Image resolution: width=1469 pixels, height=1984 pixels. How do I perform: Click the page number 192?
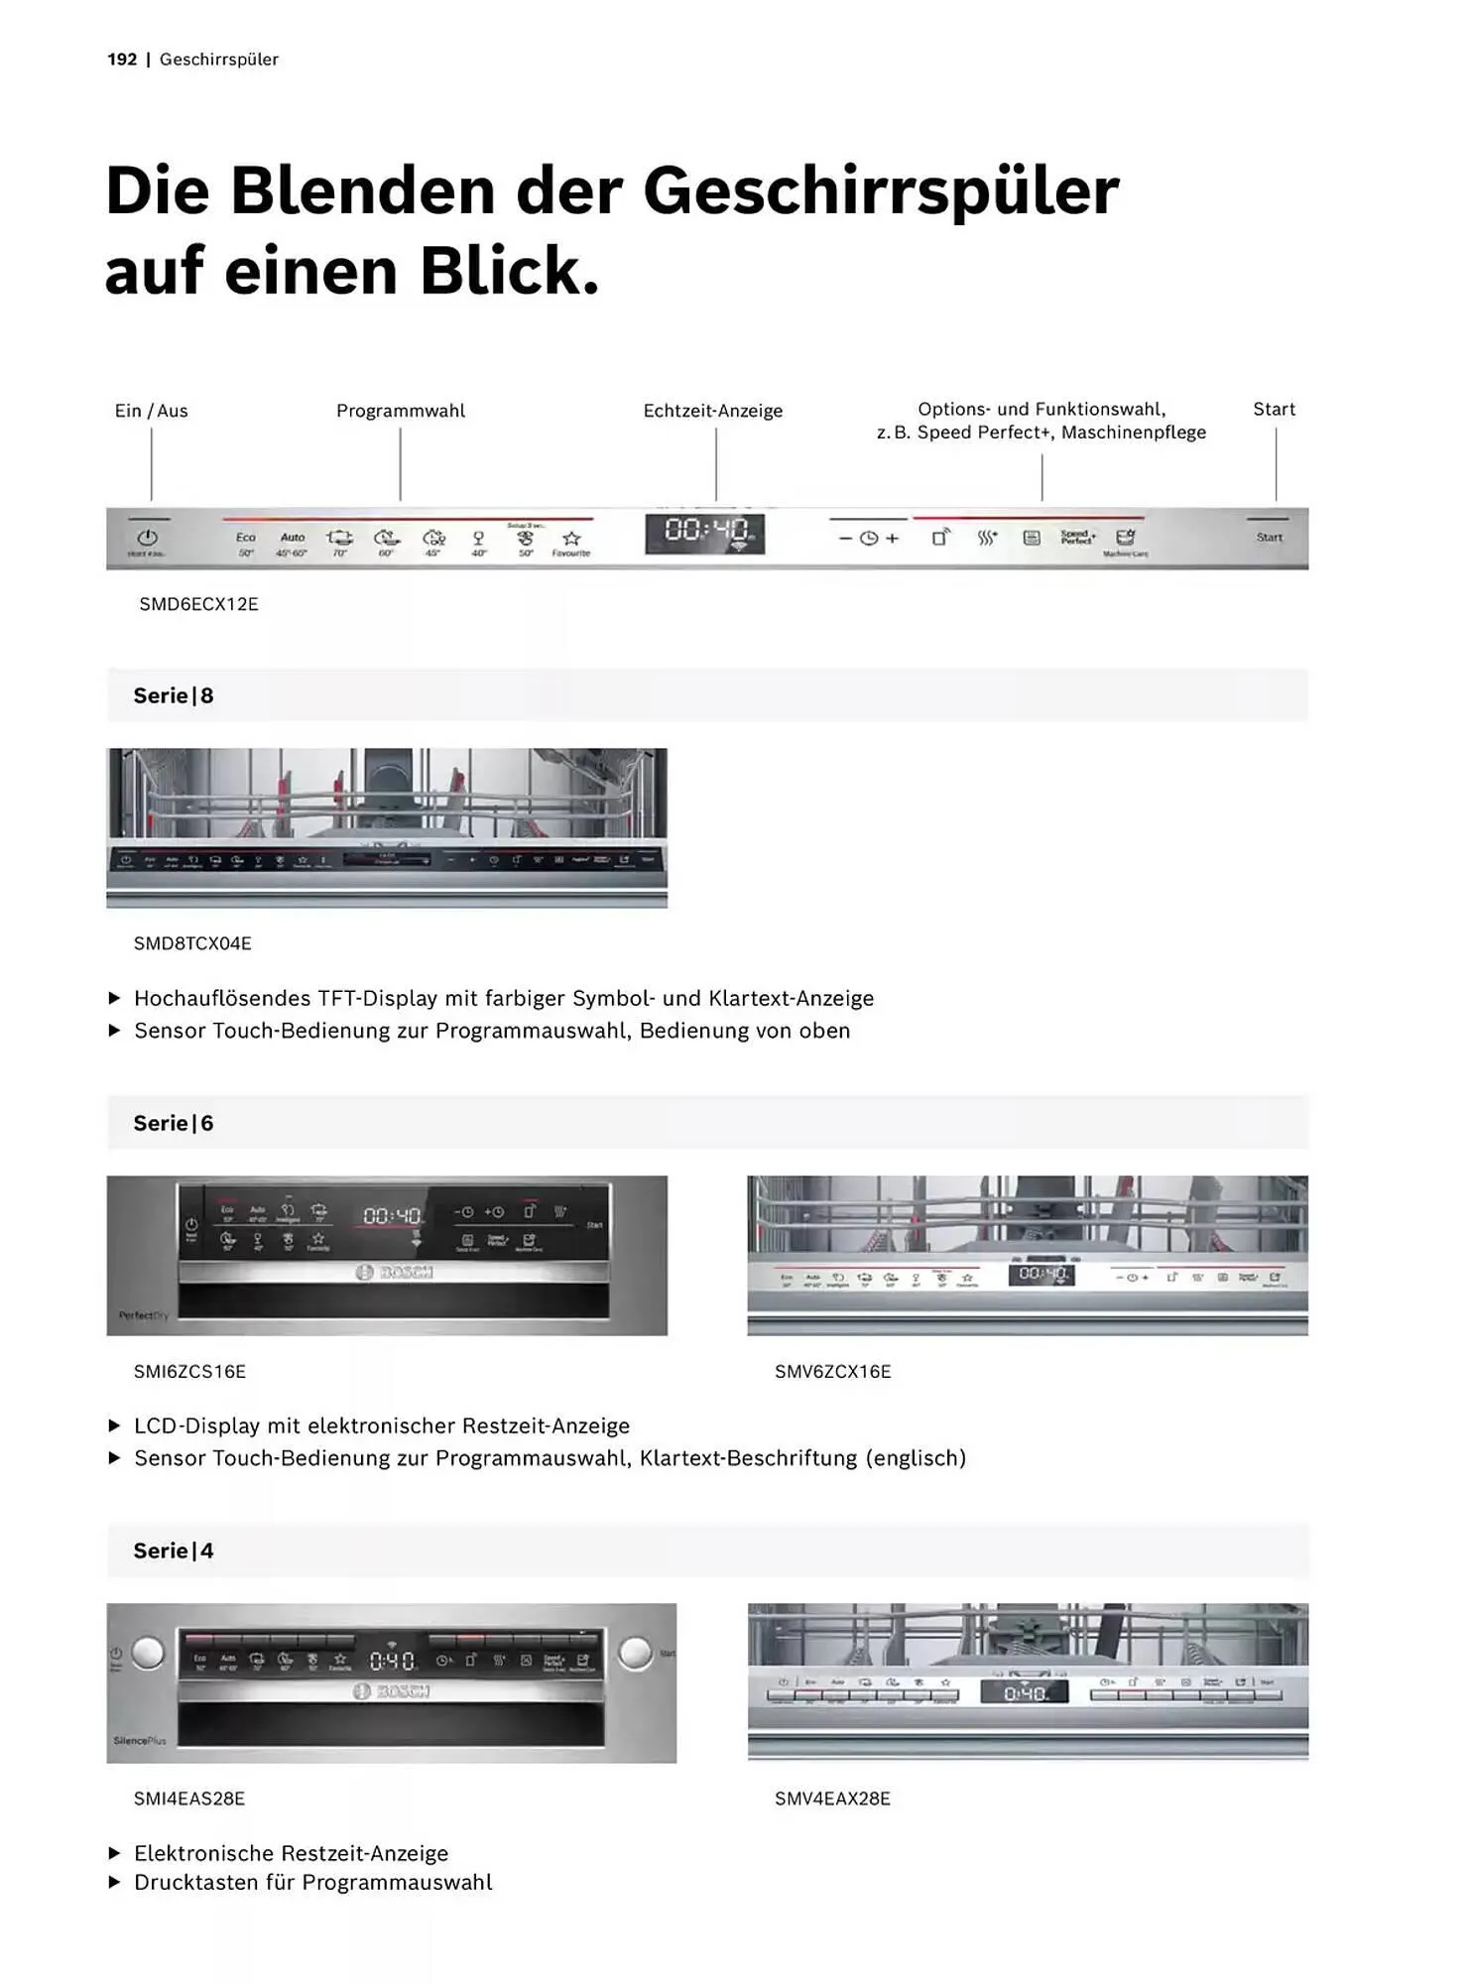(x=122, y=60)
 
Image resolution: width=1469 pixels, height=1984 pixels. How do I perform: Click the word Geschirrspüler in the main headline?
(x=881, y=190)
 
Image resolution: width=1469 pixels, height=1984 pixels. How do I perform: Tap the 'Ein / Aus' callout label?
(x=151, y=411)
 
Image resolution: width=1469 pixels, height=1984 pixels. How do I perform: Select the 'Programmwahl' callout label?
(x=400, y=411)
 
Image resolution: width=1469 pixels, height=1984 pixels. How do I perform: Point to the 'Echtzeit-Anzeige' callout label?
(x=712, y=411)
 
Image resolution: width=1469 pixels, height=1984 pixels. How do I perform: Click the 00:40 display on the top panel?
(x=704, y=533)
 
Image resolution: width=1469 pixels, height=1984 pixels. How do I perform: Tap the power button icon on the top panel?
(x=147, y=537)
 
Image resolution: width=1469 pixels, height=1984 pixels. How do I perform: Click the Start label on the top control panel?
(x=1269, y=538)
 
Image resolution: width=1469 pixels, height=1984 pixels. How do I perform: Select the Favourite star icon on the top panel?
(x=571, y=539)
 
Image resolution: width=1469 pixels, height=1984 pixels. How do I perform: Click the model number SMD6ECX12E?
(x=198, y=604)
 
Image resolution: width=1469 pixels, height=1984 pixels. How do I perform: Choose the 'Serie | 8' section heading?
(x=174, y=695)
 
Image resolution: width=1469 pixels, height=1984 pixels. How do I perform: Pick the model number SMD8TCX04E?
(x=192, y=943)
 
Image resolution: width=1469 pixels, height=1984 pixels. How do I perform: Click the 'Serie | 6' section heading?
(x=174, y=1123)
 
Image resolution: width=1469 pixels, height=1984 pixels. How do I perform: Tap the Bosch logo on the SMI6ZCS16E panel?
(x=395, y=1273)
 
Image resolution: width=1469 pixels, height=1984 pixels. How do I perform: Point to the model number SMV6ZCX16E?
(x=832, y=1371)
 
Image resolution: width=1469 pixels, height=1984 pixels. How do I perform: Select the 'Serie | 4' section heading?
(x=174, y=1550)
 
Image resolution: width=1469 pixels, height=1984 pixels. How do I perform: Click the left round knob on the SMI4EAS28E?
(x=148, y=1653)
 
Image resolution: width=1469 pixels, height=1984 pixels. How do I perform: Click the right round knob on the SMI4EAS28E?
(x=635, y=1653)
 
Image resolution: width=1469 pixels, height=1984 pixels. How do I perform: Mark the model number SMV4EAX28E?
(x=832, y=1798)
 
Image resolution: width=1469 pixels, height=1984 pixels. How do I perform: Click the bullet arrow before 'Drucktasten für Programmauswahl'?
(x=114, y=1882)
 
